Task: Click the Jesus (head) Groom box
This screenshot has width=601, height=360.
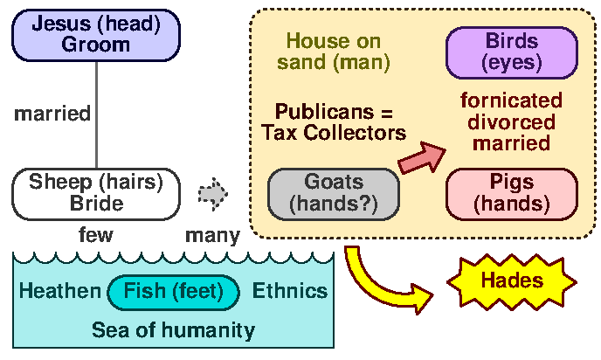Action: [x=95, y=33]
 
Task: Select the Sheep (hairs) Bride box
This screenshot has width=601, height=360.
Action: [x=96, y=192]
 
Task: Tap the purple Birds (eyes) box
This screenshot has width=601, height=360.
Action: [x=511, y=52]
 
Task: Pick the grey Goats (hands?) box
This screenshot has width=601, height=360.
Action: [x=334, y=193]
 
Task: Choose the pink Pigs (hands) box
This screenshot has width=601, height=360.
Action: [x=511, y=193]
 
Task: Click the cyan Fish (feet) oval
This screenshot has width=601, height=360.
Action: [x=174, y=292]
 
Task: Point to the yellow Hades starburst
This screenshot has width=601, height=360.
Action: [x=511, y=281]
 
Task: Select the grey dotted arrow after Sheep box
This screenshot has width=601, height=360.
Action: [x=212, y=192]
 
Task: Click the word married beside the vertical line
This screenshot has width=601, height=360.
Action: [x=53, y=113]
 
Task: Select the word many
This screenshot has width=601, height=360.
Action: [x=212, y=235]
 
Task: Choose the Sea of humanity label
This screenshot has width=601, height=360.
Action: [x=173, y=330]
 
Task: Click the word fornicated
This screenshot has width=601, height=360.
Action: [x=511, y=100]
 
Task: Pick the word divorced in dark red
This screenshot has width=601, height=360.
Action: [x=511, y=121]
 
